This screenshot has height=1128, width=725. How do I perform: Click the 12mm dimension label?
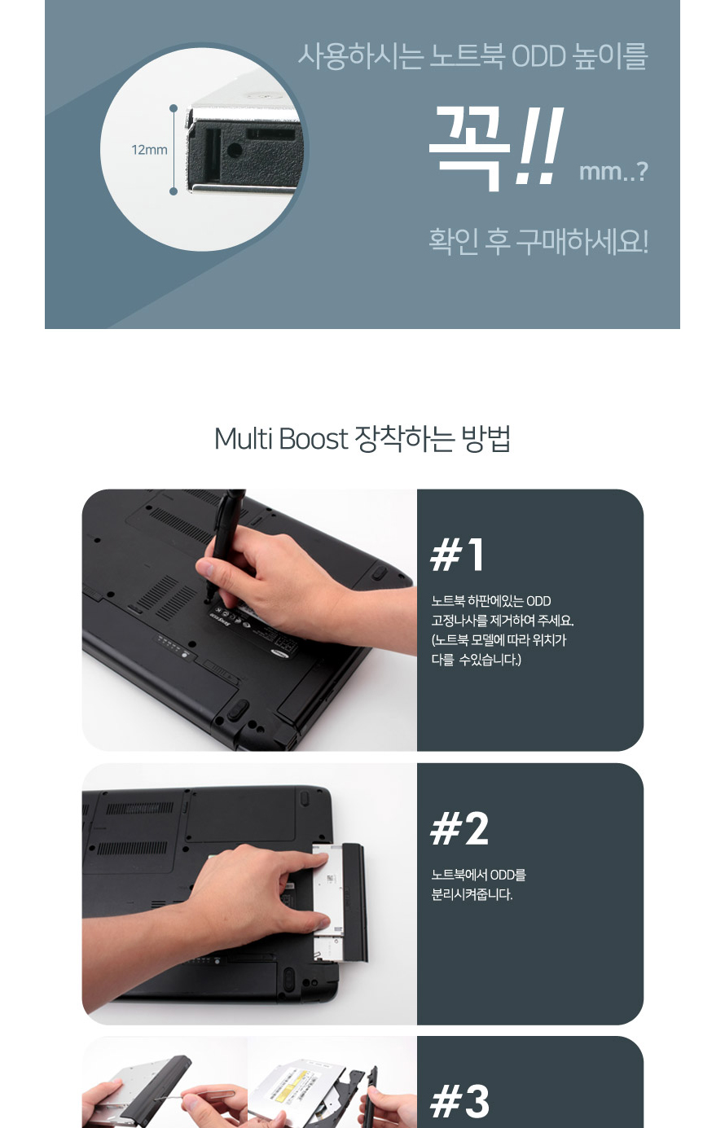[x=149, y=150]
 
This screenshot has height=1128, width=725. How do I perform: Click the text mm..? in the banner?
[x=613, y=172]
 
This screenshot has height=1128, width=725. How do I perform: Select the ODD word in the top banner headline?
[x=538, y=56]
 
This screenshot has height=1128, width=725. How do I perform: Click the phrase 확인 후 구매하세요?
[x=538, y=241]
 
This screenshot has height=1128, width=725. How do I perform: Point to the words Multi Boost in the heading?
[x=281, y=439]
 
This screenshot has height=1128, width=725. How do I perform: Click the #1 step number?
[x=458, y=555]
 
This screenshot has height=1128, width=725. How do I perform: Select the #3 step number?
[x=459, y=1101]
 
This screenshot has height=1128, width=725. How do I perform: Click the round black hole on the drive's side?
[x=235, y=150]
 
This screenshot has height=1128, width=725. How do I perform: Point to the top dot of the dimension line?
[x=174, y=108]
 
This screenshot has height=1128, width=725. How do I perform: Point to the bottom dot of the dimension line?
[x=174, y=191]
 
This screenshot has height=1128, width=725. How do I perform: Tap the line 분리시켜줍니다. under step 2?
[x=472, y=894]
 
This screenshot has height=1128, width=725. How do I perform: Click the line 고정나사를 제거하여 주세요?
[x=503, y=621]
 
